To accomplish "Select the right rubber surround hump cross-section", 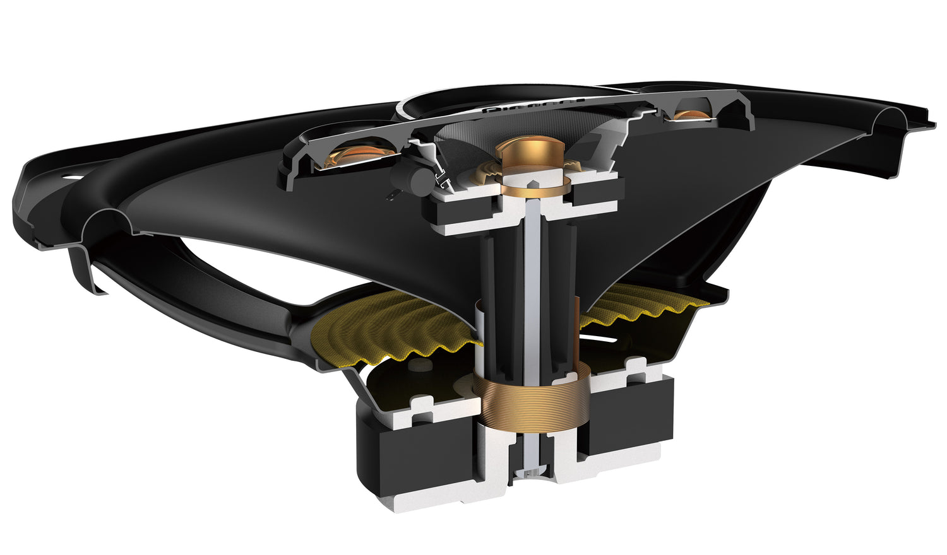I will coord(890,120).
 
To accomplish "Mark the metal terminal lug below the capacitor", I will coord(393,197).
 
